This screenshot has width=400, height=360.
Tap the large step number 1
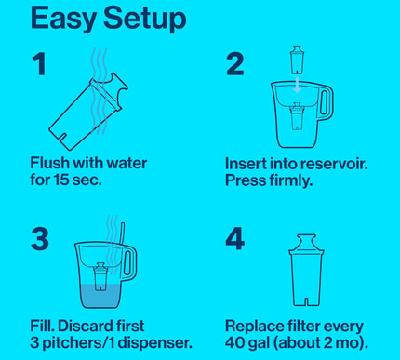click(39, 64)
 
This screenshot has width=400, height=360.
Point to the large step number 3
click(40, 238)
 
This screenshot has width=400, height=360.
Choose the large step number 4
click(236, 238)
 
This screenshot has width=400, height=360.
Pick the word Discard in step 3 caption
click(100, 327)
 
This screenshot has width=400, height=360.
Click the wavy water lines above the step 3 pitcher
click(112, 229)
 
